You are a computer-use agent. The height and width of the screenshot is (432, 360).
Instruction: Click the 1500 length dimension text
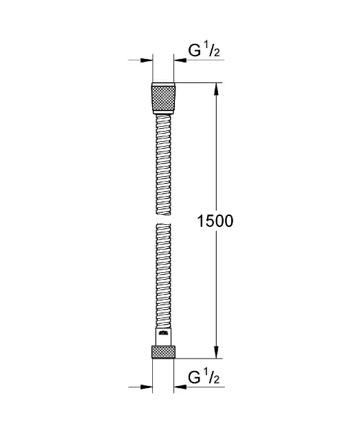pyautogui.click(x=215, y=221)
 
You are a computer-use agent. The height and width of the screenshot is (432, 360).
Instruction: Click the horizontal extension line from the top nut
pyautogui.click(x=199, y=84)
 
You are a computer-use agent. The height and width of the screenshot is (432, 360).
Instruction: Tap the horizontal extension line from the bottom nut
pyautogui.click(x=199, y=359)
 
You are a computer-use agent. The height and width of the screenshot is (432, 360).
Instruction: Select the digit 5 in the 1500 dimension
pyautogui.click(x=208, y=221)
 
